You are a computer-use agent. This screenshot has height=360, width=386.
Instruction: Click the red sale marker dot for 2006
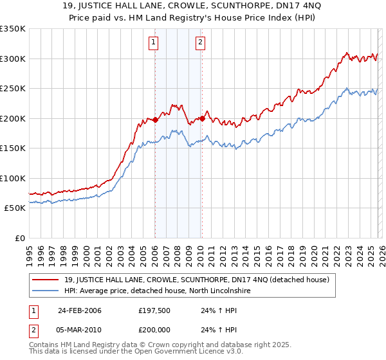click(x=155, y=120)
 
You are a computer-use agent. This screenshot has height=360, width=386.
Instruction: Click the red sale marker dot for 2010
click(x=202, y=118)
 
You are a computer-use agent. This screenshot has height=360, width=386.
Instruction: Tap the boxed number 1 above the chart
click(x=154, y=43)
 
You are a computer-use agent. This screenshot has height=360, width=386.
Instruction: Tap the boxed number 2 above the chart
click(x=201, y=43)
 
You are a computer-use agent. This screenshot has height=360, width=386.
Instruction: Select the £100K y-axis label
click(x=13, y=178)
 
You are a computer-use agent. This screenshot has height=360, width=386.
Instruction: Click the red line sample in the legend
click(x=46, y=280)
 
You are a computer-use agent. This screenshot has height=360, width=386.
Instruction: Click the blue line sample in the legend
click(x=46, y=291)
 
